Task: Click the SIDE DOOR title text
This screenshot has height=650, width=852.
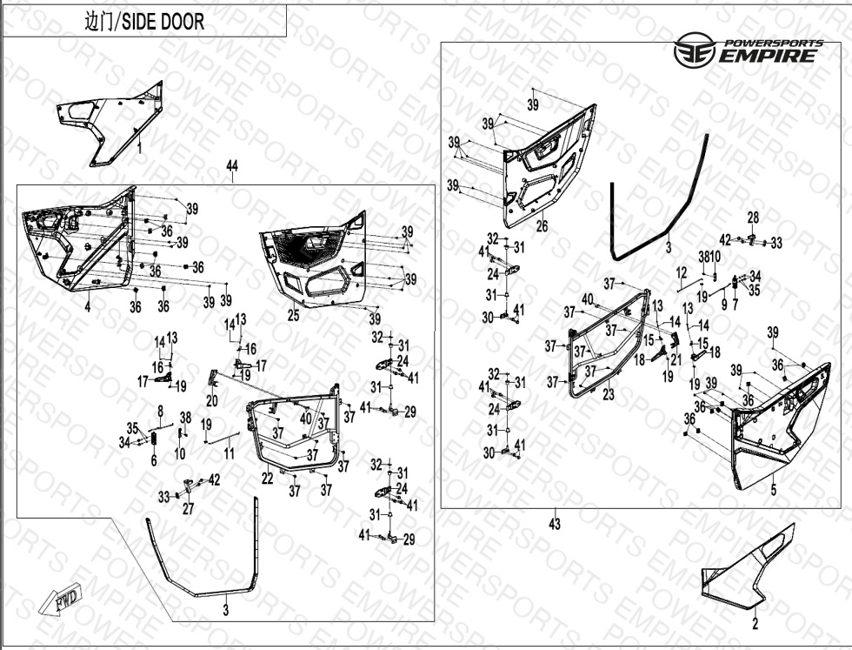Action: point(144,22)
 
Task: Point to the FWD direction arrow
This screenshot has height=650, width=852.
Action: point(62,600)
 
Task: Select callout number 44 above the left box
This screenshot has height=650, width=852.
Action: point(231,166)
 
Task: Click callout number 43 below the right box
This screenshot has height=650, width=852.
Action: point(555,524)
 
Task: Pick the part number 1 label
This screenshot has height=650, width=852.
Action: point(139,149)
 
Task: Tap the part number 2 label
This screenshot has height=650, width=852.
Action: point(755,623)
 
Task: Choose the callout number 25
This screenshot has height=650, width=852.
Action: point(293,315)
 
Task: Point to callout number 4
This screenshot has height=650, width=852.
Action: point(87,307)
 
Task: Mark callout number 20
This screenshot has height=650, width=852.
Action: point(212,400)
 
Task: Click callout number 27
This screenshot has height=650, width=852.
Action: point(188,510)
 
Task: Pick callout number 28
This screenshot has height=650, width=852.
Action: point(753,217)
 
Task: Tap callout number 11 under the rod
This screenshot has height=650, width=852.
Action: point(229,453)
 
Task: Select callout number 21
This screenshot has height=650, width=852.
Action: point(676,359)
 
